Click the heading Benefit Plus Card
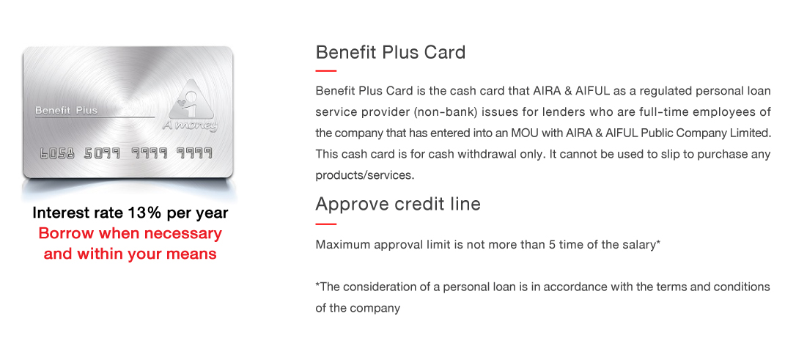coord(391,52)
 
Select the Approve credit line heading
coord(398,204)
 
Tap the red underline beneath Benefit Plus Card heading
coord(326,71)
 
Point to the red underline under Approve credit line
coord(326,224)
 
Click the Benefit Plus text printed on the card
coord(66,111)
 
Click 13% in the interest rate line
coord(144,213)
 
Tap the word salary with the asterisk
coord(643,245)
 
